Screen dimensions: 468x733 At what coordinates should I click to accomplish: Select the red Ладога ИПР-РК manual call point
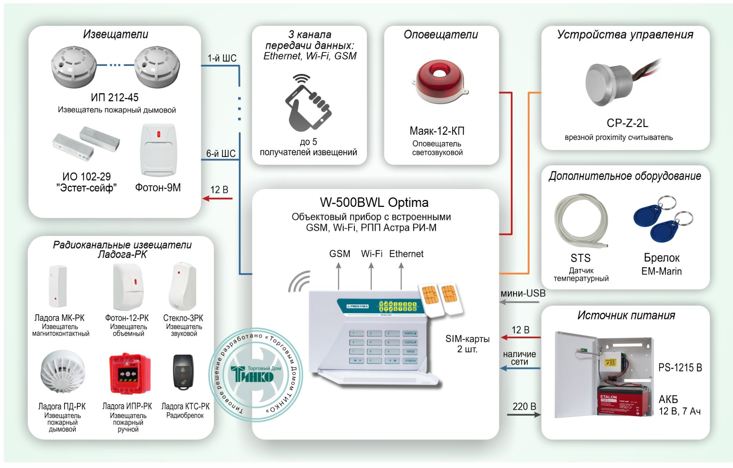pos(130,374)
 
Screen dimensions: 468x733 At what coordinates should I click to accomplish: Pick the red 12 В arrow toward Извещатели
pos(218,198)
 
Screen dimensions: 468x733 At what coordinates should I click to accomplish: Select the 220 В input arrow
pos(523,415)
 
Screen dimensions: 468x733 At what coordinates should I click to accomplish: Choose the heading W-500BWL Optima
pos(374,203)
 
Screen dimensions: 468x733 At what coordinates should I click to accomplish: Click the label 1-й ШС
pos(222,58)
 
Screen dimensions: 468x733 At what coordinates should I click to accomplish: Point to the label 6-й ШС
pos(221,154)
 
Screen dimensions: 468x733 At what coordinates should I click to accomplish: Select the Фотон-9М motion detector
pos(159,150)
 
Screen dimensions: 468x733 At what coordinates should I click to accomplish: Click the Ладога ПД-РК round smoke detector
pos(62,371)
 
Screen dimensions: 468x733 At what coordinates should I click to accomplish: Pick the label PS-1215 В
pos(680,368)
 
